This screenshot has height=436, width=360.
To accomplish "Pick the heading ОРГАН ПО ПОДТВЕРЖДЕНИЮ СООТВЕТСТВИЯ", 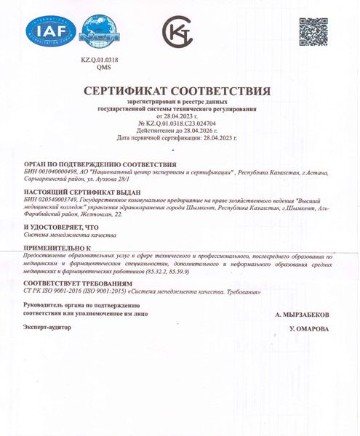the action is pyautogui.click(x=100, y=165).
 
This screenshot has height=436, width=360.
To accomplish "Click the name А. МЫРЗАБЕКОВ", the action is pyautogui.click(x=303, y=314).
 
